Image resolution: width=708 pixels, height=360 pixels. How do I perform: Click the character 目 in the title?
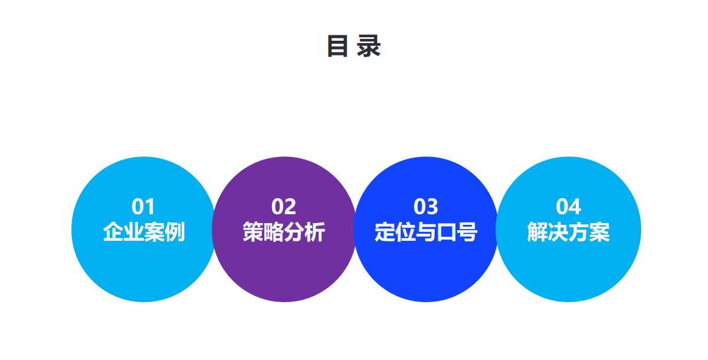[337, 46]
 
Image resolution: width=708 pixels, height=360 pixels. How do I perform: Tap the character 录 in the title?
[369, 46]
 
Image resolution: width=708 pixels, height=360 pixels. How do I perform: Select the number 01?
[143, 207]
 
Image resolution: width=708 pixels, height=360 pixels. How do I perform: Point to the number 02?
[284, 207]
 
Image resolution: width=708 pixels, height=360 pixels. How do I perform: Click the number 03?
[426, 207]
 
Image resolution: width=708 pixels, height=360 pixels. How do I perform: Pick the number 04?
[568, 207]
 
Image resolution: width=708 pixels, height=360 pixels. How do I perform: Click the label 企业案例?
[144, 232]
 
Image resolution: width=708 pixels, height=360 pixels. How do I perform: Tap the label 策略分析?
[284, 232]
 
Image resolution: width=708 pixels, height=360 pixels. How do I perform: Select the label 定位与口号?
[426, 232]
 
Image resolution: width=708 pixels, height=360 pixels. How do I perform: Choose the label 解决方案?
[568, 232]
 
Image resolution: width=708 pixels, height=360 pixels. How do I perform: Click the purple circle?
[284, 229]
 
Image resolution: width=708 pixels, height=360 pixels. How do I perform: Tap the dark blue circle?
[426, 229]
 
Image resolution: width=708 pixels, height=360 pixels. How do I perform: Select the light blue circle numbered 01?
[144, 229]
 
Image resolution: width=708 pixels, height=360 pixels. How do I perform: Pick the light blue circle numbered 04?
[568, 229]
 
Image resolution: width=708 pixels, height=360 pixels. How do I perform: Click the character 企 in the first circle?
[113, 232]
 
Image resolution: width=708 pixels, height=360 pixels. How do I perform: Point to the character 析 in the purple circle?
[315, 232]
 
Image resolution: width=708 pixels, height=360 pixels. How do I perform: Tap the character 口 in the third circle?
[446, 233]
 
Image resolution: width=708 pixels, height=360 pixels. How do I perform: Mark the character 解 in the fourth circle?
[537, 232]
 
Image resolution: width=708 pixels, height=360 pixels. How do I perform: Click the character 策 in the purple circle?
[253, 232]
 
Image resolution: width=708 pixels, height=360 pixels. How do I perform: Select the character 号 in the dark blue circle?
[467, 232]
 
